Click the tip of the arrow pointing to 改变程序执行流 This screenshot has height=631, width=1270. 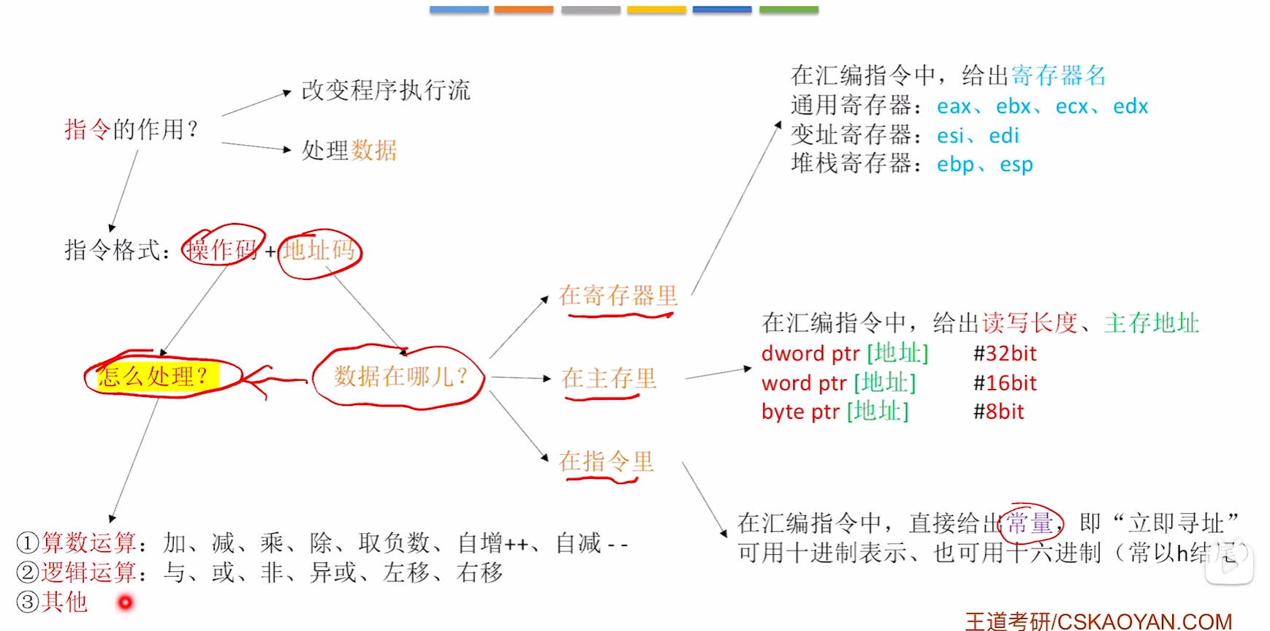292,91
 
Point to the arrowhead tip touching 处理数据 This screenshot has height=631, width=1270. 292,150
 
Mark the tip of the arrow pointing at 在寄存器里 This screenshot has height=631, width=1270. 548,296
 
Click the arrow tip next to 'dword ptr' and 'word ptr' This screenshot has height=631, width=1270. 752,368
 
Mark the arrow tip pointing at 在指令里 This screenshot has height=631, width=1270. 548,461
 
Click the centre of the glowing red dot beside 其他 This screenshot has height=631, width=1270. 126,602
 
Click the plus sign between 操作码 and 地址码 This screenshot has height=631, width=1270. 270,252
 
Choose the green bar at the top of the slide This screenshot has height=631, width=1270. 788,10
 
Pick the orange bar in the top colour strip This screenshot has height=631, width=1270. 523,10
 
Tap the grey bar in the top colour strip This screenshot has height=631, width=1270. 590,10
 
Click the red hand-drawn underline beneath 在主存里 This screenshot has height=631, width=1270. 602,398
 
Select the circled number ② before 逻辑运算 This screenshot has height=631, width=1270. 27,573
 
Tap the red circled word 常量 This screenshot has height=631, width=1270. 1030,523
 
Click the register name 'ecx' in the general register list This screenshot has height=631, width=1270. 1072,107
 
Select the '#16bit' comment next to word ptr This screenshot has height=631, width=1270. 1005,383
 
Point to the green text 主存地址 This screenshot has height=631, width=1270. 1152,323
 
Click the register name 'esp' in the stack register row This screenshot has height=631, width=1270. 1016,165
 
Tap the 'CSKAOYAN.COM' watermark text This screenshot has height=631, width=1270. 1144,621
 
